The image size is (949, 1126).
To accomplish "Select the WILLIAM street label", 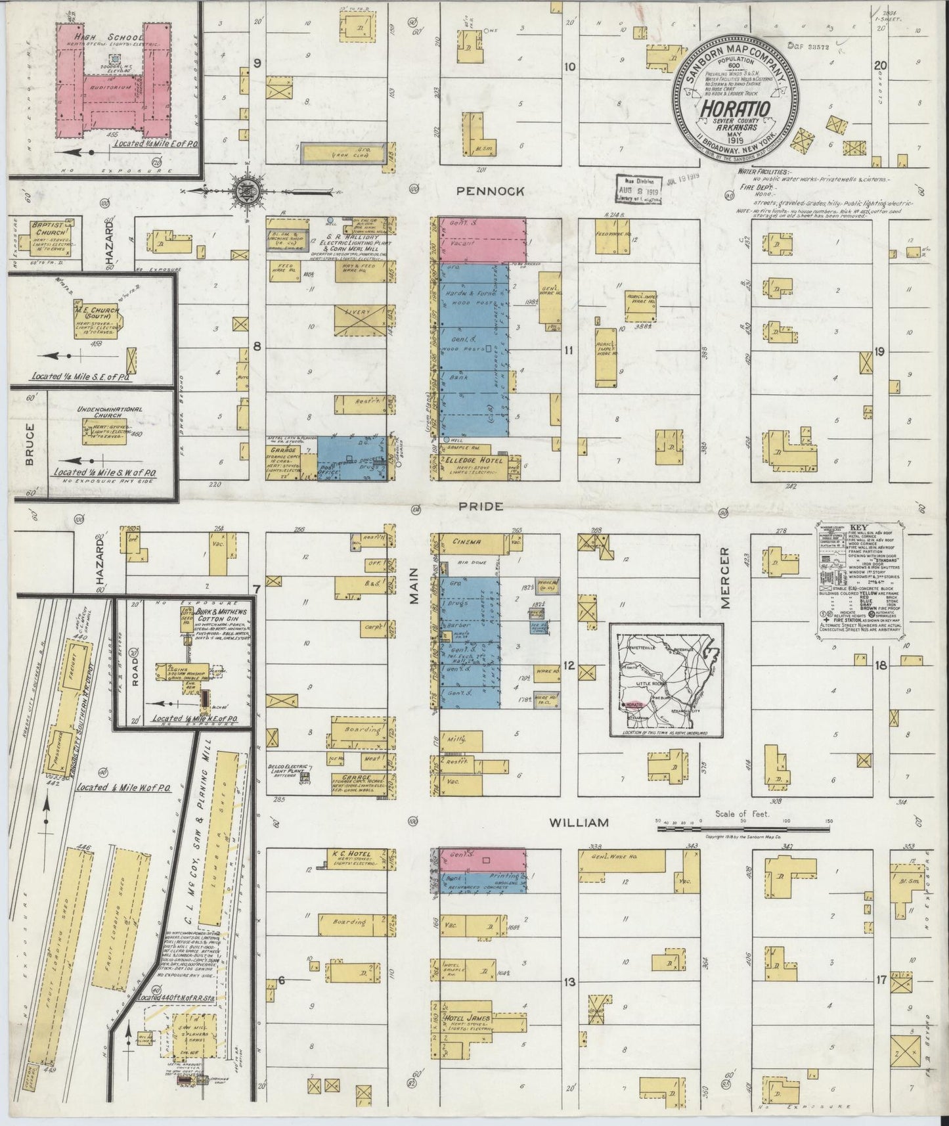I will tap(579, 822).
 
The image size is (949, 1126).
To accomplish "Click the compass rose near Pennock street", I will tap(248, 192).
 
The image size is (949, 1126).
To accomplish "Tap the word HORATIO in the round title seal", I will tap(735, 106).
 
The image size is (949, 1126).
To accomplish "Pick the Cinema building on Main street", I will tap(466, 542).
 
